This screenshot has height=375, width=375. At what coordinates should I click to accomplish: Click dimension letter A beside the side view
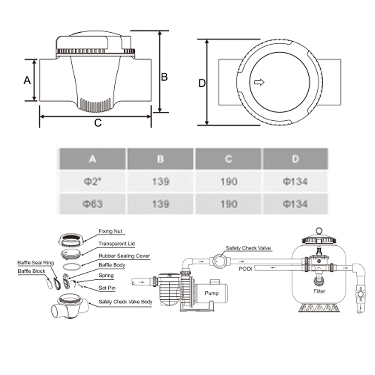click(27, 80)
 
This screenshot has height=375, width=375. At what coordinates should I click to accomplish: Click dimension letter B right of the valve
click(164, 77)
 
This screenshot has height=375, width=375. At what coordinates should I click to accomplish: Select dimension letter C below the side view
click(97, 123)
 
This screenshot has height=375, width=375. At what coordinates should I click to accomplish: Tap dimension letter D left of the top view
click(202, 83)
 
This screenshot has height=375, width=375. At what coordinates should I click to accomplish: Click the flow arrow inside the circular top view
click(259, 82)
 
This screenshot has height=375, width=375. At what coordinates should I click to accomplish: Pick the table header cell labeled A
click(93, 159)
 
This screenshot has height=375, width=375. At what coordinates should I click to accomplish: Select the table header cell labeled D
click(295, 159)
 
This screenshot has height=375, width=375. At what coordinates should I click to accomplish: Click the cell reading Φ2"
click(93, 181)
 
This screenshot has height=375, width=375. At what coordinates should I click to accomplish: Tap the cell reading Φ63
click(93, 204)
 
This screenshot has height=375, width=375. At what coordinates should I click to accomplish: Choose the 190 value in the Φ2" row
click(228, 181)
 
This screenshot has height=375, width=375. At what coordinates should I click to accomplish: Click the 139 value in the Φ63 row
click(160, 204)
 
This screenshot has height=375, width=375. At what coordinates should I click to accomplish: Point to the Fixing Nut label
click(110, 231)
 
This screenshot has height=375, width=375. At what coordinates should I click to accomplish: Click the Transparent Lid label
click(116, 244)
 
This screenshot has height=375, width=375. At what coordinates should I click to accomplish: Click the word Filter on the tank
click(320, 291)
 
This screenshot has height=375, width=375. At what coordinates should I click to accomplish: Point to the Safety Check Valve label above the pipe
click(248, 248)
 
